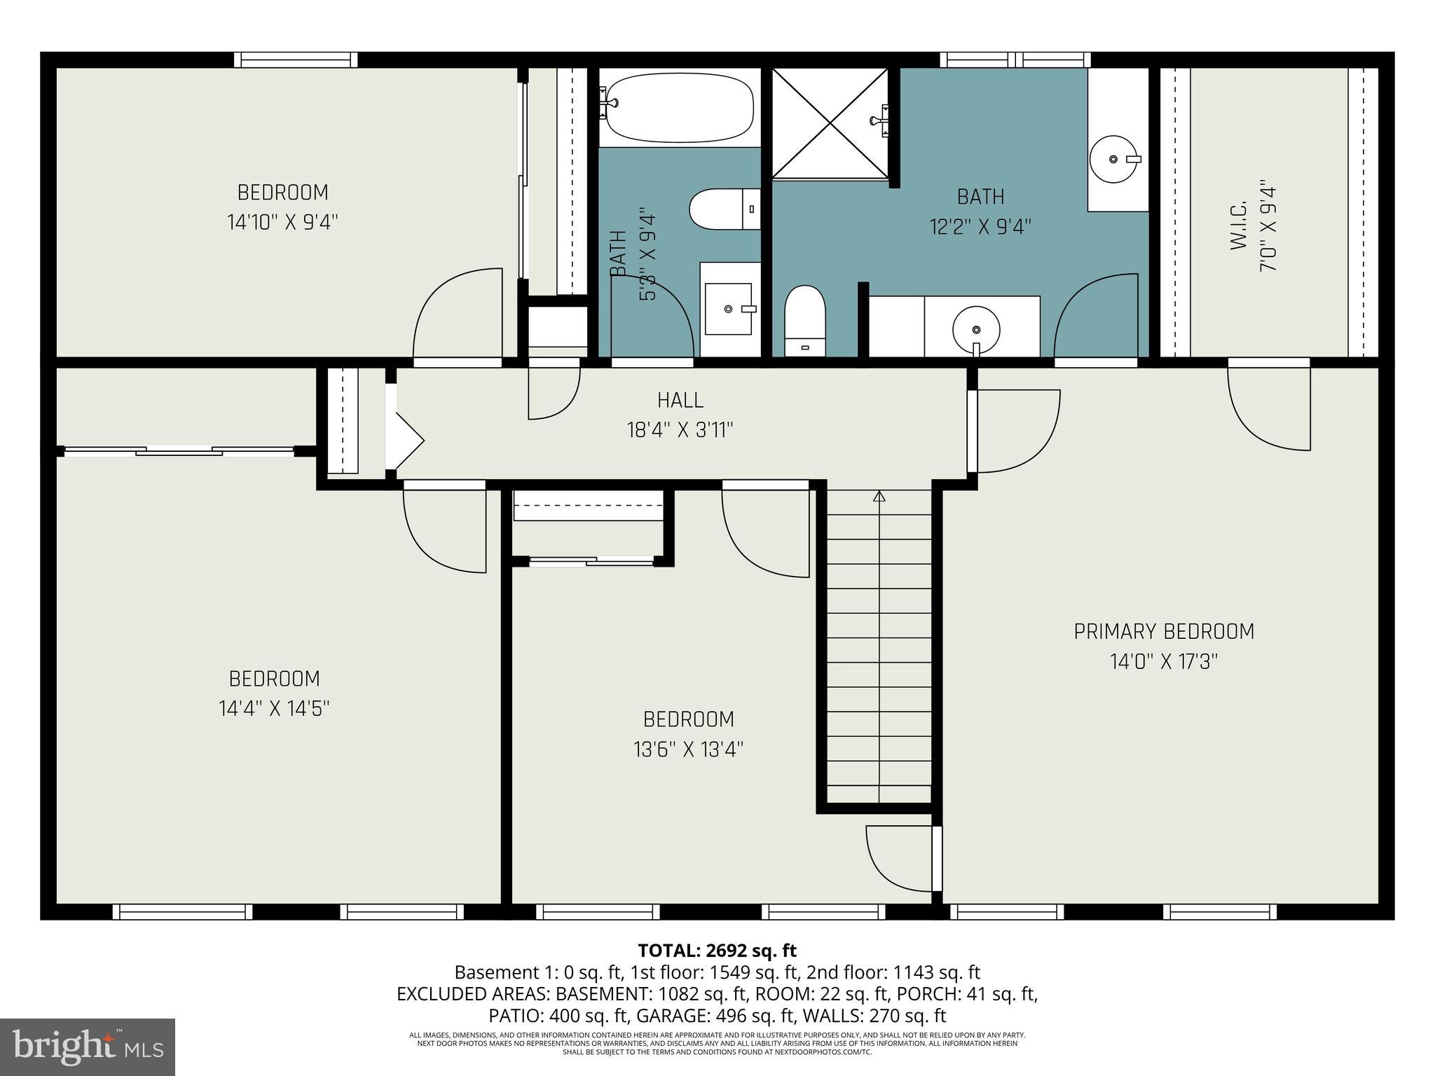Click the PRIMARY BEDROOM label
point(1164,631)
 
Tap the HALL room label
point(680,400)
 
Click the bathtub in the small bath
point(679,109)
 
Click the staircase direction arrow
point(879,497)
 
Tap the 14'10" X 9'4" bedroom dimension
point(282,223)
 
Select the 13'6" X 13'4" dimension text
point(688,750)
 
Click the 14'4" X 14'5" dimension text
point(274,709)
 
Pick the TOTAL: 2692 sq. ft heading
point(717,951)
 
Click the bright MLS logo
point(88,1047)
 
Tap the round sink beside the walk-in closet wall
point(1113,160)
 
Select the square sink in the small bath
point(729,309)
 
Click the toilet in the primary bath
point(804,319)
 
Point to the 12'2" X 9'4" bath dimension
point(980,227)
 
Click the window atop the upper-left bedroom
point(295,60)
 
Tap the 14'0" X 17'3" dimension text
point(1164,662)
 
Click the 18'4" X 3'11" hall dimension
point(680,430)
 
